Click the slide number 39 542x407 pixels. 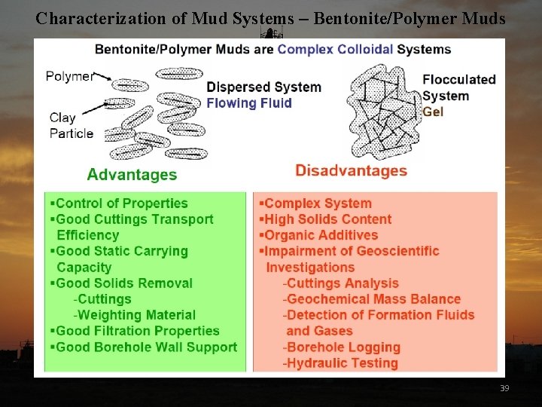click(504, 387)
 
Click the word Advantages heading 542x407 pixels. click(132, 175)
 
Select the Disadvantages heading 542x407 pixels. click(351, 170)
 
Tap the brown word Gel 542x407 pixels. click(433, 112)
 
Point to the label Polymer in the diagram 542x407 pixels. click(70, 76)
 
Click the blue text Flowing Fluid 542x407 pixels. click(249, 103)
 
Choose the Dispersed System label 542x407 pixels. click(263, 87)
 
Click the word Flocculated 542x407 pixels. click(459, 79)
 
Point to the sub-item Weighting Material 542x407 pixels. click(135, 315)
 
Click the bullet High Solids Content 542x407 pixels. click(327, 219)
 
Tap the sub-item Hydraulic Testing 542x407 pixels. click(342, 363)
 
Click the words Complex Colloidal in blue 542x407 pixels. click(336, 50)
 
